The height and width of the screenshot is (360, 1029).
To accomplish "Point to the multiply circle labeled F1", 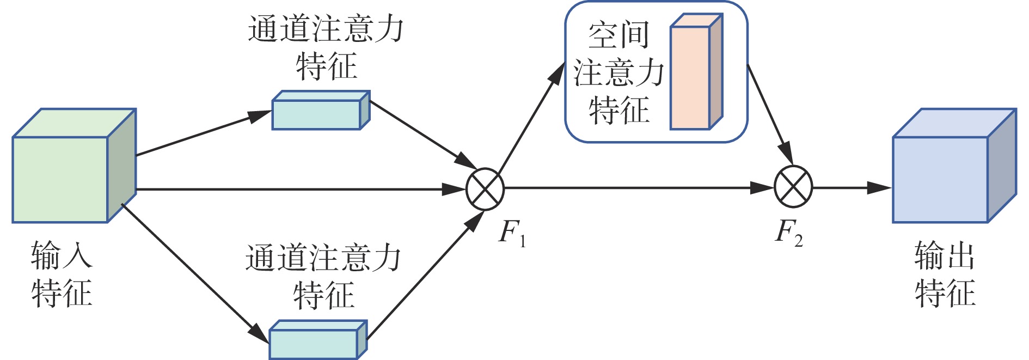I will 485,189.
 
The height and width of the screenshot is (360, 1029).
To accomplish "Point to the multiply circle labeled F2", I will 793,187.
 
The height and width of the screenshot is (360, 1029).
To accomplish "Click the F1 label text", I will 512,233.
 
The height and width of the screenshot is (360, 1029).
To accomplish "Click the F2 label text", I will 788,231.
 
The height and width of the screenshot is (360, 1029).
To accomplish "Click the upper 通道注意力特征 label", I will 326,47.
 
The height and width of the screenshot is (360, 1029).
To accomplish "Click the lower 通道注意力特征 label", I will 323,277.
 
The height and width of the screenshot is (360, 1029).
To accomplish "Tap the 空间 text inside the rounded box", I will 618,35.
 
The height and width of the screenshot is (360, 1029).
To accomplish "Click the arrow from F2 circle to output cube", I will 852,188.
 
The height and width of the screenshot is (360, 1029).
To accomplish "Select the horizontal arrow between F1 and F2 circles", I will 637,188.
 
